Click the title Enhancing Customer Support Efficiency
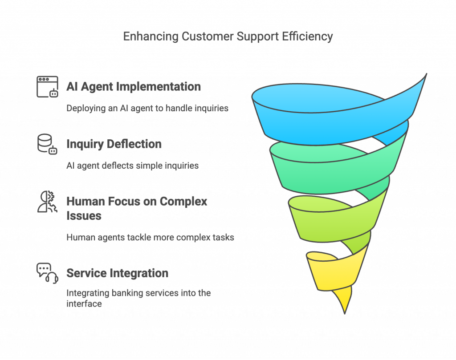(x=228, y=36)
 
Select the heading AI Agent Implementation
(x=134, y=87)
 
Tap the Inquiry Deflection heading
(x=114, y=144)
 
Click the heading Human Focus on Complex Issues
(x=137, y=208)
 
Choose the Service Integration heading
(x=117, y=273)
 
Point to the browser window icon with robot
(x=47, y=87)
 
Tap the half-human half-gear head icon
(x=47, y=201)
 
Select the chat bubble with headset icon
(x=47, y=273)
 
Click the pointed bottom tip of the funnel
(x=345, y=314)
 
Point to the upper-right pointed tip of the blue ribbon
(x=426, y=74)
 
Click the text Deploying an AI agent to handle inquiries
(x=147, y=109)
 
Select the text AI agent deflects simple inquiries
(x=132, y=166)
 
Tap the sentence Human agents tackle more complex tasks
(x=150, y=237)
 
